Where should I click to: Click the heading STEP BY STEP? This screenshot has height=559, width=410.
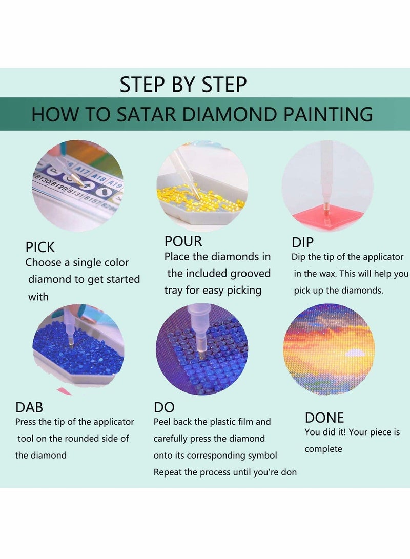pyautogui.click(x=183, y=85)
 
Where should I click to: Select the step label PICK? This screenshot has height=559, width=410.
pyautogui.click(x=40, y=247)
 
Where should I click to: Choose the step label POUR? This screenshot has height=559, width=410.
pyautogui.click(x=183, y=241)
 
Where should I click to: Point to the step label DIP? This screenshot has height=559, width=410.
pyautogui.click(x=302, y=241)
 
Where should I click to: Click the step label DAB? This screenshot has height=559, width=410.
pyautogui.click(x=29, y=407)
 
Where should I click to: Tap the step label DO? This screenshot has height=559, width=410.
pyautogui.click(x=164, y=407)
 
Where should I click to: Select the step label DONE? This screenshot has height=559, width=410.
pyautogui.click(x=324, y=417)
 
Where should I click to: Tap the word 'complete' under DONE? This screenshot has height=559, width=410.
pyautogui.click(x=323, y=449)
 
